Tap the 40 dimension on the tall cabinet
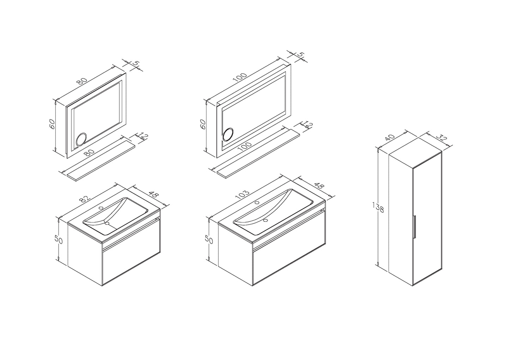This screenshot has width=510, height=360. (390, 138)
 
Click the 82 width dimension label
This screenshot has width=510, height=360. (84, 199)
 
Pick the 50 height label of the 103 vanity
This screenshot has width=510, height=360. (209, 239)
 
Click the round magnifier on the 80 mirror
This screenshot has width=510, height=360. (81, 139)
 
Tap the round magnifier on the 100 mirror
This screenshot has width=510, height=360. (228, 135)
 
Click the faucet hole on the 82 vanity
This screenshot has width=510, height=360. (100, 208)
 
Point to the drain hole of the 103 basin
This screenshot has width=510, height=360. (265, 220)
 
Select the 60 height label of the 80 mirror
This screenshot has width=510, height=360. (52, 124)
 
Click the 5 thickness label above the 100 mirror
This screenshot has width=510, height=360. (301, 55)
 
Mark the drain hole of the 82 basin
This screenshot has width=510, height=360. (107, 224)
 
